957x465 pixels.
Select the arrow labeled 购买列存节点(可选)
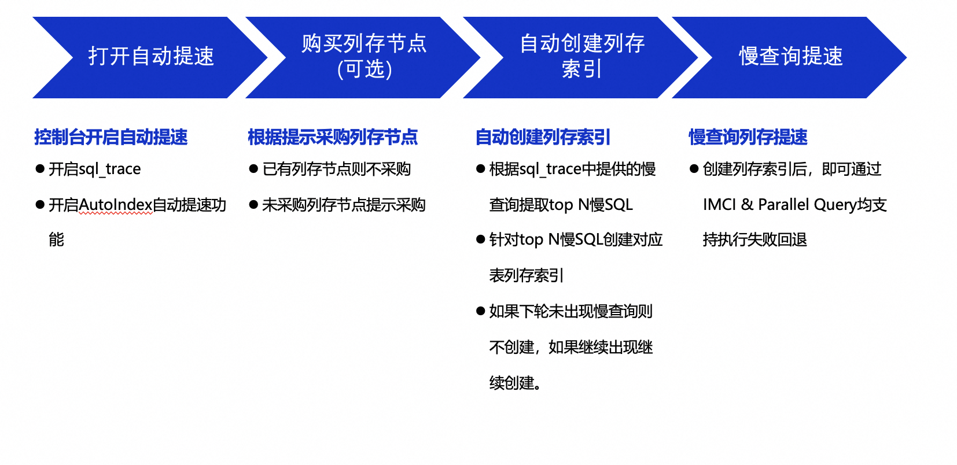pos(363,57)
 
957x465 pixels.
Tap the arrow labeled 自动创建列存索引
pos(581,57)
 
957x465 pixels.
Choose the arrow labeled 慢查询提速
pos(790,57)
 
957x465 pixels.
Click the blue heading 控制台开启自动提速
pos(111,137)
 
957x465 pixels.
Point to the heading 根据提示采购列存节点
pos(333,137)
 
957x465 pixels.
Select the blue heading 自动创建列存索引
pos(543,137)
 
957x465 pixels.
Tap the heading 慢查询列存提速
pos(748,137)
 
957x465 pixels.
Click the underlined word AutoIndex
pos(115,205)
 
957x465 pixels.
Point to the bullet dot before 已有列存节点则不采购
pos(253,169)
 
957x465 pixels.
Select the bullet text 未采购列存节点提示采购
pos(344,205)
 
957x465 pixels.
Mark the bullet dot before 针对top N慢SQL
pos(481,239)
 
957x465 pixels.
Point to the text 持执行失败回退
pos(755,240)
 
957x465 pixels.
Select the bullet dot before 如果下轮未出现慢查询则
pos(481,311)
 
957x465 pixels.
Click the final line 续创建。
pos(516,383)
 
